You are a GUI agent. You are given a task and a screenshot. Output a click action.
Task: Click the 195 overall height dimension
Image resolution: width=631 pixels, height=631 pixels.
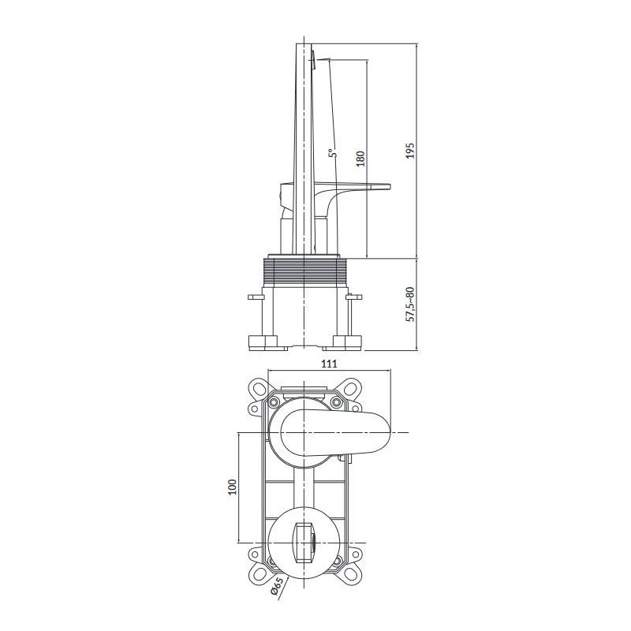pos(409,151)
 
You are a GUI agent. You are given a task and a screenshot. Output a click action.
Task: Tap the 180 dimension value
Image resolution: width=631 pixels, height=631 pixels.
pos(360,157)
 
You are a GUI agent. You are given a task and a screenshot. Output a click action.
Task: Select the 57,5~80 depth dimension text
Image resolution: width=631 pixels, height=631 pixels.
pos(409,303)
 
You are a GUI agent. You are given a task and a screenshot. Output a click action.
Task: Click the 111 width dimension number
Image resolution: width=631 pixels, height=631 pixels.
pos(330,363)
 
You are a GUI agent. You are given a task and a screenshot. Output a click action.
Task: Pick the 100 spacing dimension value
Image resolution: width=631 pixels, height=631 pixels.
pos(232,487)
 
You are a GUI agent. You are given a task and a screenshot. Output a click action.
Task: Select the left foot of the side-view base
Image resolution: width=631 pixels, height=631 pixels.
pos(263,342)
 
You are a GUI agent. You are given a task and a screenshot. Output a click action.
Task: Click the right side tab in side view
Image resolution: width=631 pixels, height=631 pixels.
pos(354,298)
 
